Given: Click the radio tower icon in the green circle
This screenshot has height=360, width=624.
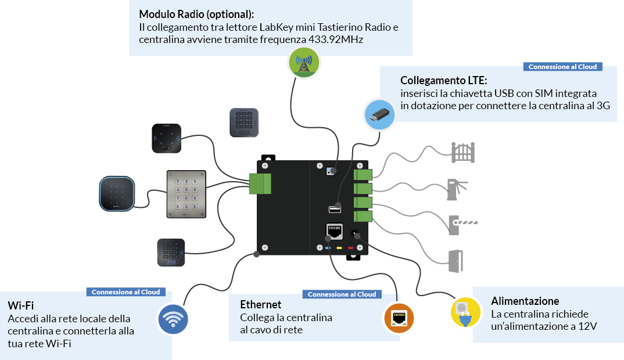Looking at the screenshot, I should pyautogui.click(x=303, y=62).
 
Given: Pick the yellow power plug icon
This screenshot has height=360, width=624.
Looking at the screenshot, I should pyautogui.click(x=465, y=312).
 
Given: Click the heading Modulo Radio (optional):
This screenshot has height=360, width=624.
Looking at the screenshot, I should pyautogui.click(x=197, y=13).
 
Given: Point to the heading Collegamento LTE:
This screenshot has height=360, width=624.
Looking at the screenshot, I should pyautogui.click(x=443, y=80).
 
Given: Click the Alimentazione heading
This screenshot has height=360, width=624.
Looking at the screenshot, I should pyautogui.click(x=525, y=301).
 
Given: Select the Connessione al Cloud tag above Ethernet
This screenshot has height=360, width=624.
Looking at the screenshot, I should pyautogui.click(x=342, y=294).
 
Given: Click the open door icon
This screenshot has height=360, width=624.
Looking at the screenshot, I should pyautogui.click(x=457, y=261).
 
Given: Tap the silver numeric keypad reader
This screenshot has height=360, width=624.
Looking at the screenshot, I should pyautogui.click(x=186, y=194).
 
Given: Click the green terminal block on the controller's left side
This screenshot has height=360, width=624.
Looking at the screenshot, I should pyautogui.click(x=260, y=183).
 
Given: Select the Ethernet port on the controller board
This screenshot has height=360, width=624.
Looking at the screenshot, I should pyautogui.click(x=335, y=231).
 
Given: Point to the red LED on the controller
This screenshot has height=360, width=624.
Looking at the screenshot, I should pyautogui.click(x=350, y=249).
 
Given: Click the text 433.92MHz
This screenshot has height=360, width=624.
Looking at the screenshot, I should pyautogui.click(x=337, y=39).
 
